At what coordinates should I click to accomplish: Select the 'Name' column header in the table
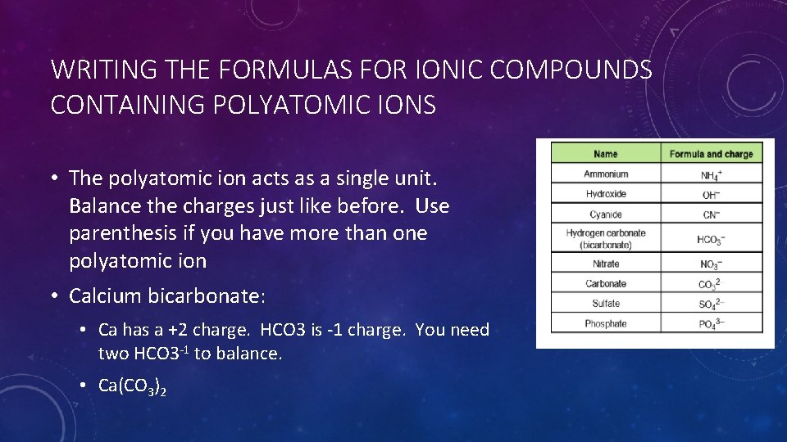[x=605, y=154]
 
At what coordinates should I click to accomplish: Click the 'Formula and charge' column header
[x=711, y=154]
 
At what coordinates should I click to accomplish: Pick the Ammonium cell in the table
[x=606, y=174]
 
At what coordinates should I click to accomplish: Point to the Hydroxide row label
[x=606, y=194]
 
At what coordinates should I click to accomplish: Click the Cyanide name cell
[x=606, y=214]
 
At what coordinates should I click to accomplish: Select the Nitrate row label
[x=606, y=264]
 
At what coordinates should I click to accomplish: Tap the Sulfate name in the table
[x=606, y=304]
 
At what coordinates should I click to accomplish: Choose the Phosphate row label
[x=606, y=323]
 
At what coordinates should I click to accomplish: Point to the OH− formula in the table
[x=711, y=195]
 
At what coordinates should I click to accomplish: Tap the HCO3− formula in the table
[x=711, y=240]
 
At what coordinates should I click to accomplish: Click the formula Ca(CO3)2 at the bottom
[x=132, y=386]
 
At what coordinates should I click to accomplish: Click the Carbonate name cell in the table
[x=606, y=284]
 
